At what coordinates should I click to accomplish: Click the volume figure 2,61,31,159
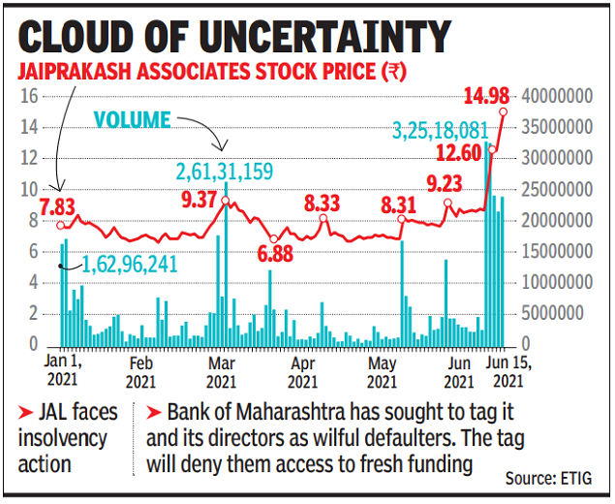point(225,173)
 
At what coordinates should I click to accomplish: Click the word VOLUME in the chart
point(131,120)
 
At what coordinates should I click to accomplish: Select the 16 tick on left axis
point(29,96)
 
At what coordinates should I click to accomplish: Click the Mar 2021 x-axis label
point(221,373)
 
